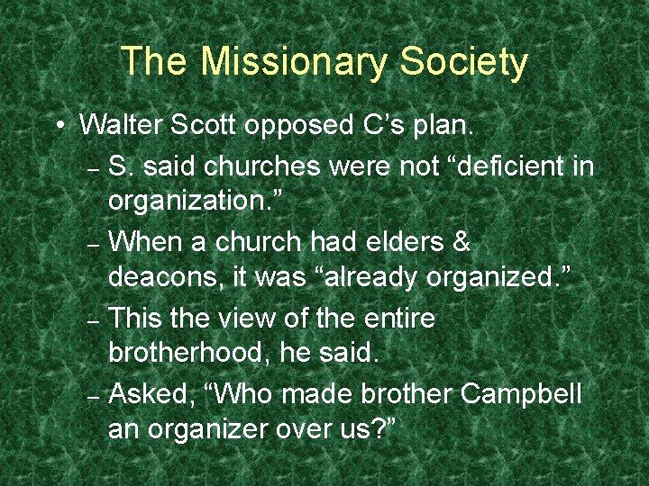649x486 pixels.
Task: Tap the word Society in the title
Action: (x=463, y=62)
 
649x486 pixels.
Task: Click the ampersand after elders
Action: (x=461, y=242)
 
